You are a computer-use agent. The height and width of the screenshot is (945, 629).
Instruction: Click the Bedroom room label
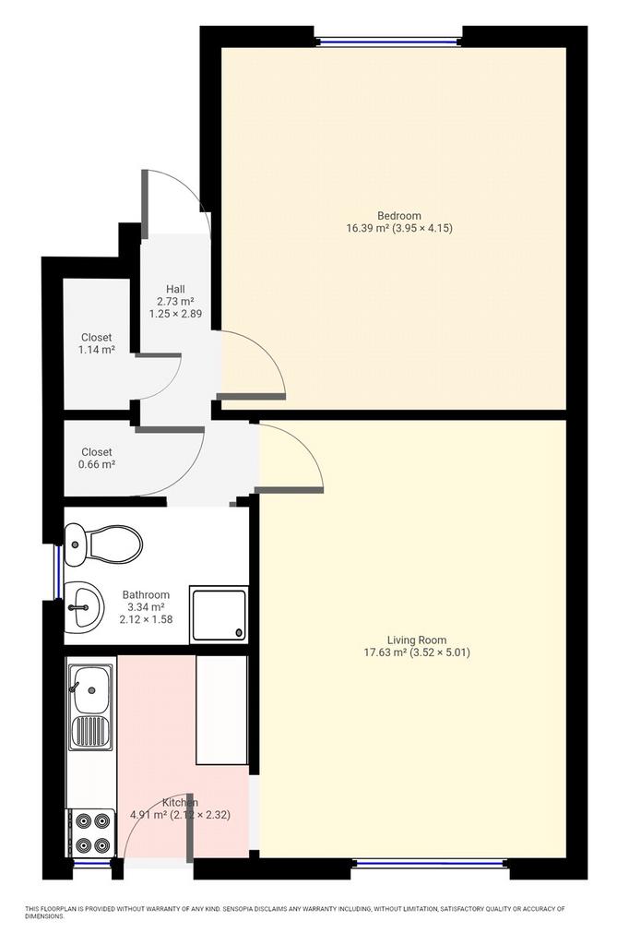point(398,215)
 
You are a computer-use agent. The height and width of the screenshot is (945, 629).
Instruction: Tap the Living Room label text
point(416,640)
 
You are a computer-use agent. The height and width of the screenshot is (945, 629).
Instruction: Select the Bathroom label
point(146,594)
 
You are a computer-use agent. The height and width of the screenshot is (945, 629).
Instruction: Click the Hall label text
point(175,289)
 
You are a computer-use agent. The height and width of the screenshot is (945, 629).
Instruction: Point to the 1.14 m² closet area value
point(97,350)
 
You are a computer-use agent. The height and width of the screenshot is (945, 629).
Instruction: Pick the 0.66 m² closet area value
point(97,464)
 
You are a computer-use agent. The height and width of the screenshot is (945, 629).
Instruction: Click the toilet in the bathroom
point(103,544)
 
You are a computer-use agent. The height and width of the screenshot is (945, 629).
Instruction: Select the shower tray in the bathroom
point(219,614)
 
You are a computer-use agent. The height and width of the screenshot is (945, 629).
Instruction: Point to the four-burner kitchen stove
point(90,832)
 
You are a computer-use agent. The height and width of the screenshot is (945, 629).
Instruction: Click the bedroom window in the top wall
point(388,42)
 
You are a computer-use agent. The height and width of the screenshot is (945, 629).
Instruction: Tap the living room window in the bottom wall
point(430,864)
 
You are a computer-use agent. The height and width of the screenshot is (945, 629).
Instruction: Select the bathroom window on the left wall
point(58,572)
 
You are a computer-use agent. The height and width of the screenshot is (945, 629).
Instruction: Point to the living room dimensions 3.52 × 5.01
point(441,652)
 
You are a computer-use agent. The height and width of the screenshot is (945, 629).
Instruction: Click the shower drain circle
point(239,633)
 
